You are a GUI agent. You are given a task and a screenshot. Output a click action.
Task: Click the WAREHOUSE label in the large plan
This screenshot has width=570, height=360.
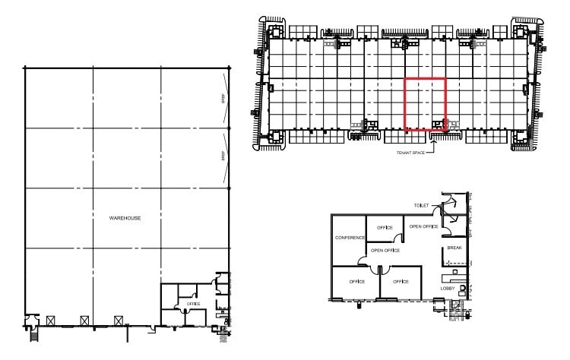coord(125,218)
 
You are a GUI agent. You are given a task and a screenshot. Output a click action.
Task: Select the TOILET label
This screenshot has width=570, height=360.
coord(422,206)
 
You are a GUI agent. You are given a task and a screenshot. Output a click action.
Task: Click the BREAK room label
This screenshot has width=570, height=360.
coord(454,248)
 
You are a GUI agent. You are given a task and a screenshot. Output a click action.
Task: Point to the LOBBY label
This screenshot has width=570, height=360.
coord(448,289)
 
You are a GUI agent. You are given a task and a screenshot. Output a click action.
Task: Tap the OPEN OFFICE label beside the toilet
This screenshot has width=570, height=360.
coord(423,226)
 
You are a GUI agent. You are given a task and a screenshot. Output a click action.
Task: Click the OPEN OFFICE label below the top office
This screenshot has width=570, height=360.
coord(385,250)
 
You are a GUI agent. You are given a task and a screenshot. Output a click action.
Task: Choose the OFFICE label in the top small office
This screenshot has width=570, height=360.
coord(385,227)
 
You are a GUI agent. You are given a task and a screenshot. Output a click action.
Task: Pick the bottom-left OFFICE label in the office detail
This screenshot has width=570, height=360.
coord(357,282)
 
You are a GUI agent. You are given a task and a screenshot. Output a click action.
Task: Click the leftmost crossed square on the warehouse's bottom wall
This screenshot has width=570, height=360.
coord(50,321)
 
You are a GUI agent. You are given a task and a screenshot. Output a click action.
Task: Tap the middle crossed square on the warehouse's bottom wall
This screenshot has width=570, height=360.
coord(84,321)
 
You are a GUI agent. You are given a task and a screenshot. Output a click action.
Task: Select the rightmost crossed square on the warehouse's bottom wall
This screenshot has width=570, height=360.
coord(118,321)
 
